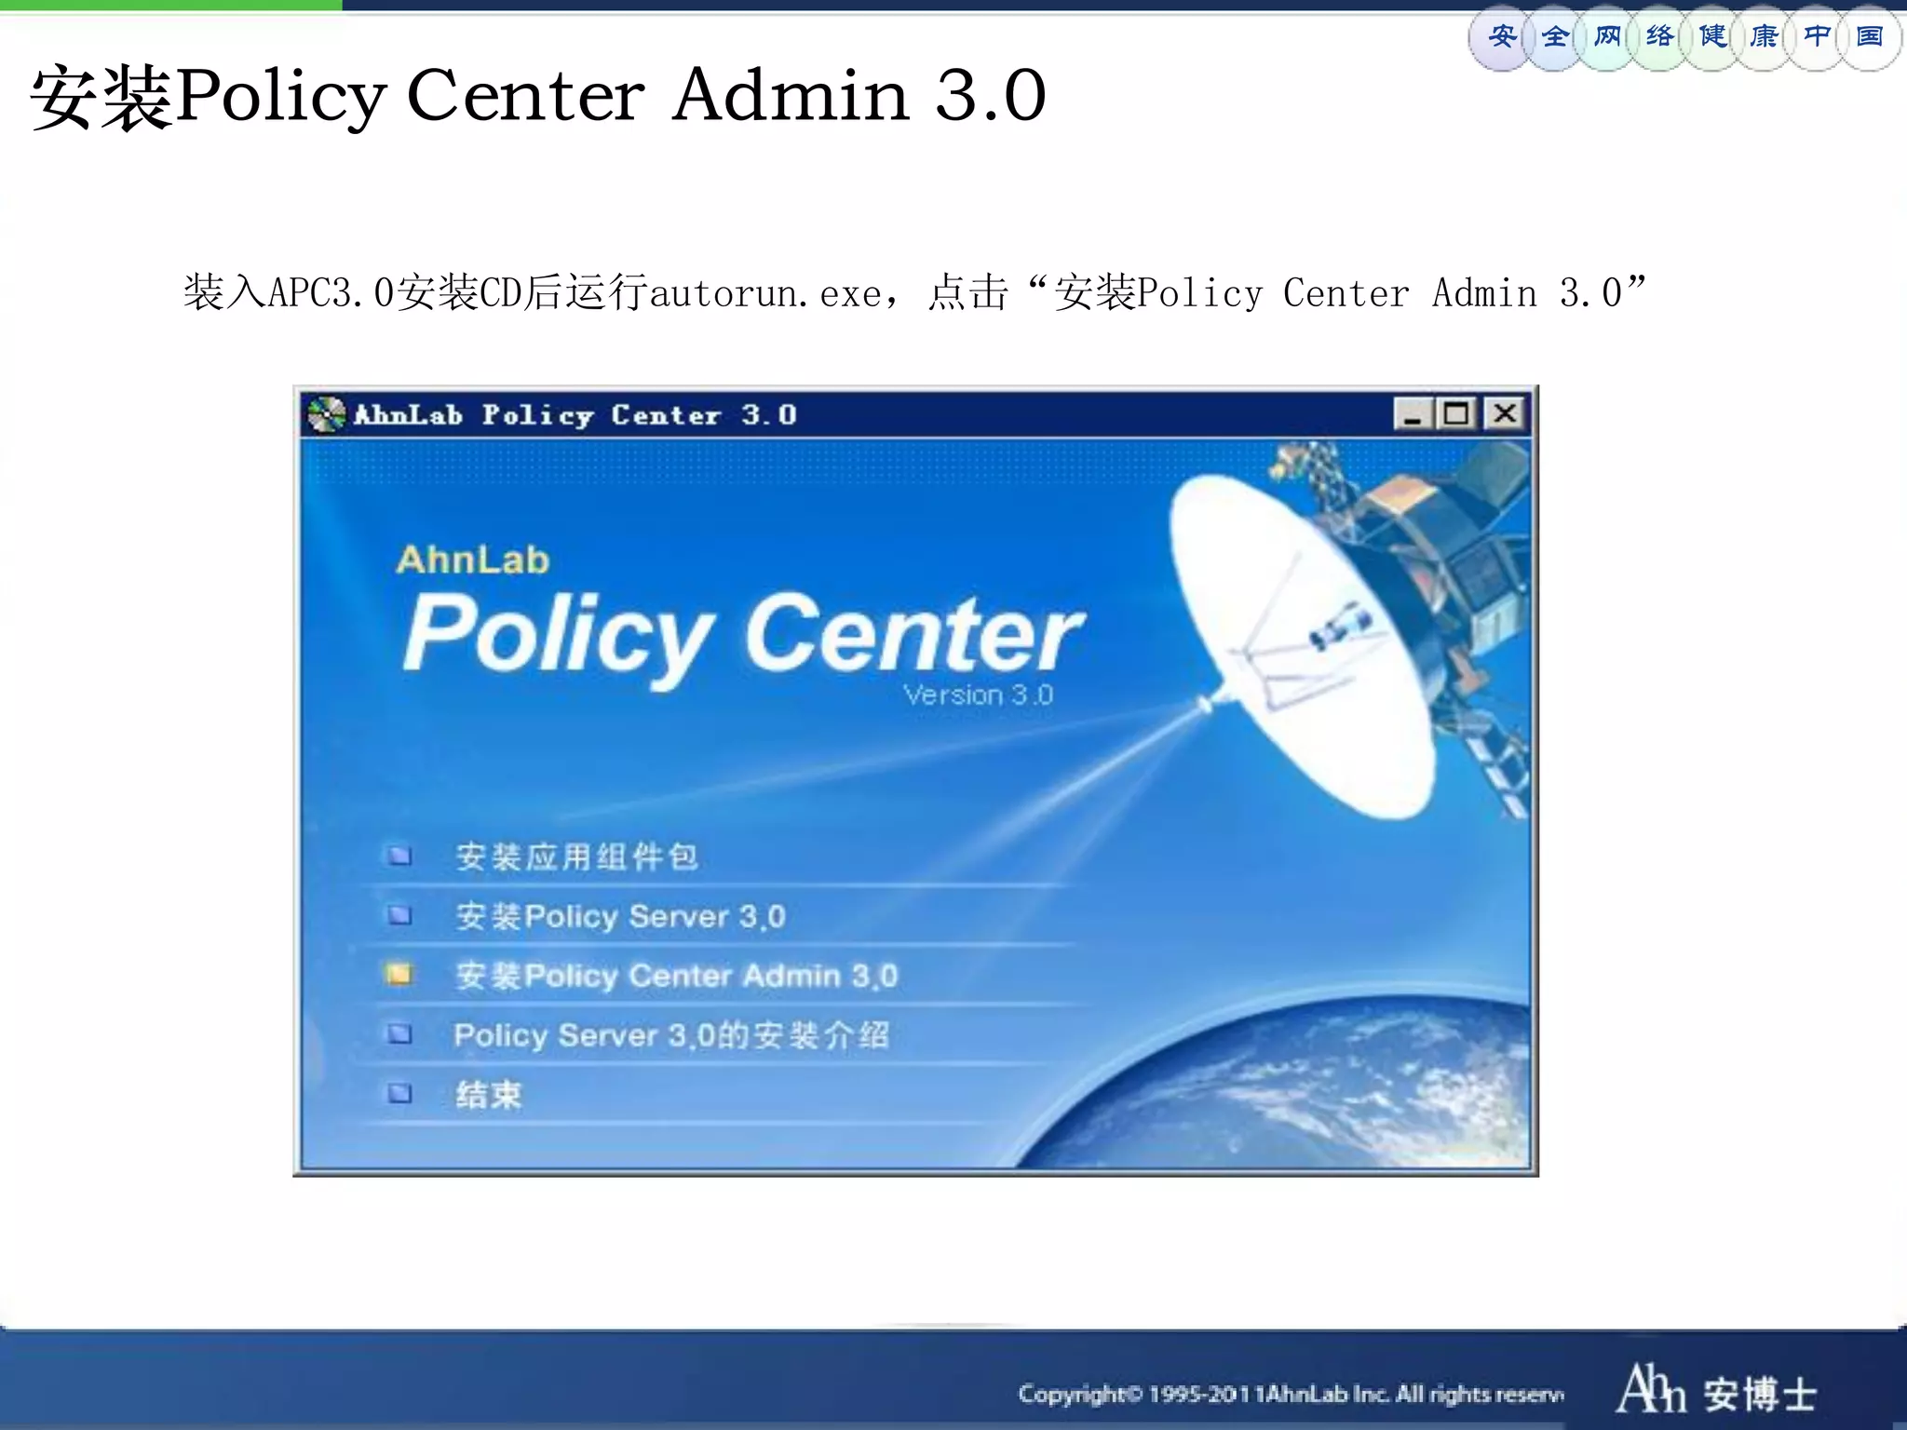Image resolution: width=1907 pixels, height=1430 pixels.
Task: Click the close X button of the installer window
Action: [x=1505, y=413]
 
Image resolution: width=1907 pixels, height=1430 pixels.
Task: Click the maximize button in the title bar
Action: [x=1456, y=413]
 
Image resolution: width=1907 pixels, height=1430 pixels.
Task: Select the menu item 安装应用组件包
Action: [x=576, y=857]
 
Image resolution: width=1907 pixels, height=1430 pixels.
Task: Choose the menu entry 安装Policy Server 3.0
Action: [x=620, y=916]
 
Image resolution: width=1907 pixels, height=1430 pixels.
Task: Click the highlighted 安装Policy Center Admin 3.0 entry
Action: [x=676, y=976]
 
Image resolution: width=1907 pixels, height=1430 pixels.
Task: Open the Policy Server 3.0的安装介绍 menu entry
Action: [x=671, y=1035]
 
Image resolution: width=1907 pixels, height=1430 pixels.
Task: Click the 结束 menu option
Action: [x=488, y=1095]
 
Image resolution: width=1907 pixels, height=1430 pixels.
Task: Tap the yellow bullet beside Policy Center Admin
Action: [x=399, y=975]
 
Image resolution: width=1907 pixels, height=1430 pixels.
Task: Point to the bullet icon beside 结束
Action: [x=399, y=1093]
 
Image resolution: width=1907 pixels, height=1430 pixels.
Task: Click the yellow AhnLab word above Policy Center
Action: [x=473, y=560]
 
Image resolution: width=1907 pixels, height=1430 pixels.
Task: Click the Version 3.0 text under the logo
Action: [x=978, y=695]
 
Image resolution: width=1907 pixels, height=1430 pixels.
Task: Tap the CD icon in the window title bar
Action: [x=326, y=414]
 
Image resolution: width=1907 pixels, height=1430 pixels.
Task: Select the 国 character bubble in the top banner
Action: [x=1870, y=37]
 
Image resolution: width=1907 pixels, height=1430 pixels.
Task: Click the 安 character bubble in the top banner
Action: [x=1501, y=37]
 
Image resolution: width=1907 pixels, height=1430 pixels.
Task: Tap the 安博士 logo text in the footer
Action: [x=1760, y=1394]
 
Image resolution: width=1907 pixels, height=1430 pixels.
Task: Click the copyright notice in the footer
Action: [x=1291, y=1394]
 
